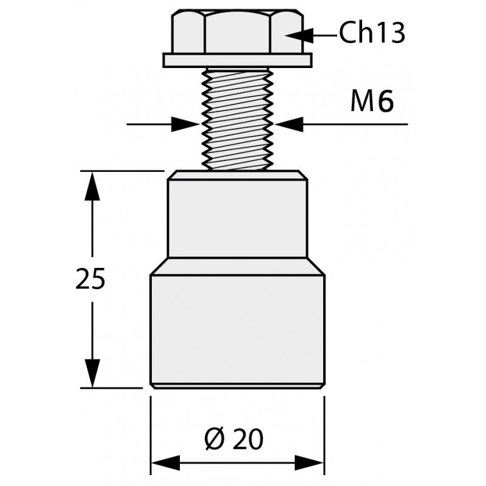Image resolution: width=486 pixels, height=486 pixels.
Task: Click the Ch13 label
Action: [x=372, y=32]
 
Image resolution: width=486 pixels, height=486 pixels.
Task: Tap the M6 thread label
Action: [x=372, y=101]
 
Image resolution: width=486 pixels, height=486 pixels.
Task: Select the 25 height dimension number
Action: [x=91, y=279]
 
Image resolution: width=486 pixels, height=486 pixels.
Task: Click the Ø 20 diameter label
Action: [x=234, y=439]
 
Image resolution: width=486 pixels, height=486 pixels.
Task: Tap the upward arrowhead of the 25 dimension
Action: [x=92, y=186]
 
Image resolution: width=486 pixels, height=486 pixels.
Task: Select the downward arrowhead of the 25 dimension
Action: [x=92, y=373]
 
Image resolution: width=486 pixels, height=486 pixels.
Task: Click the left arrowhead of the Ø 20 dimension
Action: [x=165, y=463]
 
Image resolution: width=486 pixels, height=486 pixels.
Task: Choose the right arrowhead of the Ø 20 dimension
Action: [x=309, y=463]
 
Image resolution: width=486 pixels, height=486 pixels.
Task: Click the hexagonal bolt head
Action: [x=238, y=32]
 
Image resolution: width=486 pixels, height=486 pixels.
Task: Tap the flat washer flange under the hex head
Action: [x=238, y=60]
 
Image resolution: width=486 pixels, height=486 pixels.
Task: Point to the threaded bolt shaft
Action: [x=238, y=118]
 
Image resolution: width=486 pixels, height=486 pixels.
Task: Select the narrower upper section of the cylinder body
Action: [x=238, y=219]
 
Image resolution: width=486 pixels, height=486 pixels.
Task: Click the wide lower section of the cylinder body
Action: [x=238, y=329]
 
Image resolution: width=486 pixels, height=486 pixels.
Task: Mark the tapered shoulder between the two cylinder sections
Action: [x=238, y=266]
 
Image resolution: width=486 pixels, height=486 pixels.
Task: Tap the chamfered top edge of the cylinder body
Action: [x=238, y=175]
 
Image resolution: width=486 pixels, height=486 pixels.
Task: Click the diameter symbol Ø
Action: [x=214, y=439]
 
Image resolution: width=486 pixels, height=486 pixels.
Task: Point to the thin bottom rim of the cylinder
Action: [x=238, y=386]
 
